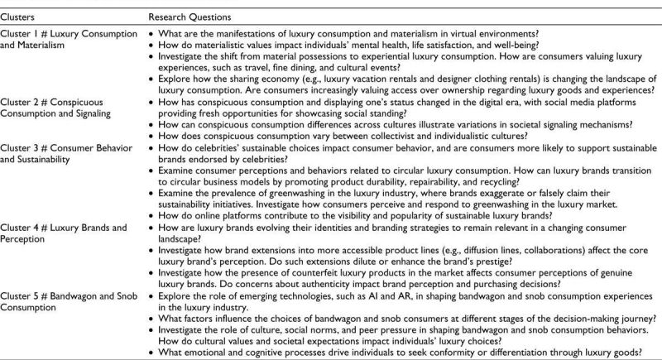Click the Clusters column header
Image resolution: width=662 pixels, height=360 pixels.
click(17, 16)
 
